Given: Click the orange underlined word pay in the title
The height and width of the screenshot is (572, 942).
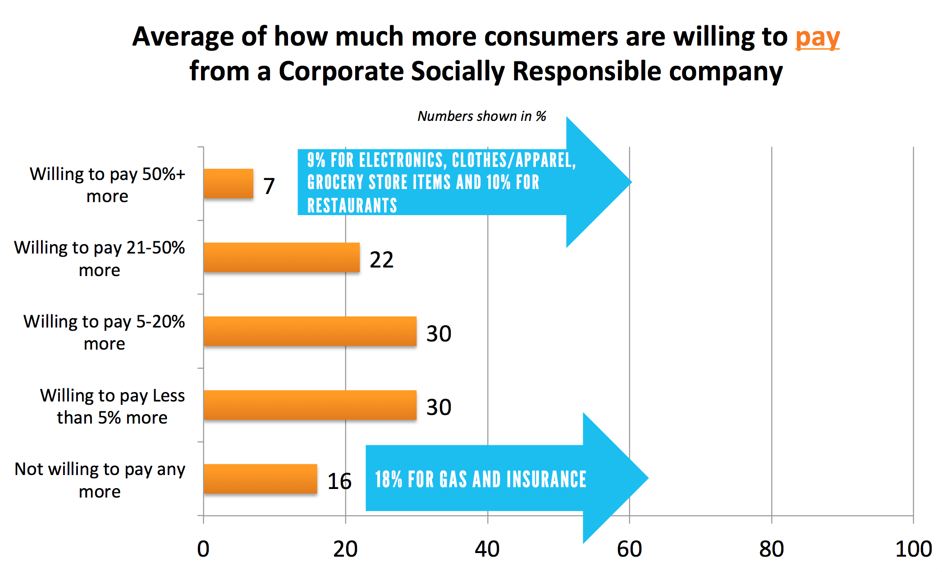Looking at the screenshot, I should pyautogui.click(x=817, y=37).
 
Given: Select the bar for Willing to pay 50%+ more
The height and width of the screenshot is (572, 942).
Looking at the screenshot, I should pyautogui.click(x=228, y=184).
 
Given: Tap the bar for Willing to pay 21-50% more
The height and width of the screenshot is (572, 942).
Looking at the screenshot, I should pyautogui.click(x=281, y=258).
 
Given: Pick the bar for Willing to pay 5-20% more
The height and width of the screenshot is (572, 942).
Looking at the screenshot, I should pyautogui.click(x=310, y=332).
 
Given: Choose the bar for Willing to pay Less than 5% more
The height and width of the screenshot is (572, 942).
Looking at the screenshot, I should pyautogui.click(x=310, y=405).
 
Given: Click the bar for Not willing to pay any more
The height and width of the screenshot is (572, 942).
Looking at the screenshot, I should pyautogui.click(x=260, y=479).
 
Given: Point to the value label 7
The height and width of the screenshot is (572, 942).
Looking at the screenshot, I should pyautogui.click(x=269, y=186).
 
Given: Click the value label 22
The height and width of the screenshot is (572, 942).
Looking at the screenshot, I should pyautogui.click(x=381, y=260).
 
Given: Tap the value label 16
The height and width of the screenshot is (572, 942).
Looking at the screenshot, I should pyautogui.click(x=339, y=481).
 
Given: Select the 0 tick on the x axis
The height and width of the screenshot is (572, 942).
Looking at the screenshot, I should pyautogui.click(x=203, y=549).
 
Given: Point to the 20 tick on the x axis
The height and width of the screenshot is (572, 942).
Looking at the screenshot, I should pyautogui.click(x=345, y=549).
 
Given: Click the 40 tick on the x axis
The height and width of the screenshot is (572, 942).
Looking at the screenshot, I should pyautogui.click(x=487, y=549).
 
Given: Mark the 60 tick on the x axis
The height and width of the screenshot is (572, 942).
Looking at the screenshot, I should pyautogui.click(x=629, y=549).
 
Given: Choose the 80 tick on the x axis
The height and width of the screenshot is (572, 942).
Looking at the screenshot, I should pyautogui.click(x=771, y=549).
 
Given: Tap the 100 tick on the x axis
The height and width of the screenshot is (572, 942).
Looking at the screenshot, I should pyautogui.click(x=913, y=549).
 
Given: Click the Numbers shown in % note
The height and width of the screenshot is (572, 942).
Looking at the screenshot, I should pyautogui.click(x=481, y=116).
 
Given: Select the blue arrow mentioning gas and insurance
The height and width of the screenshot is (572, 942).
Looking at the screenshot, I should pyautogui.click(x=496, y=478).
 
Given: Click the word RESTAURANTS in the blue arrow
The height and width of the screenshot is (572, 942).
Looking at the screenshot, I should pyautogui.click(x=352, y=206).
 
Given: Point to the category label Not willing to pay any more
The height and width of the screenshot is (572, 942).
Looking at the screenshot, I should pyautogui.click(x=100, y=480).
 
